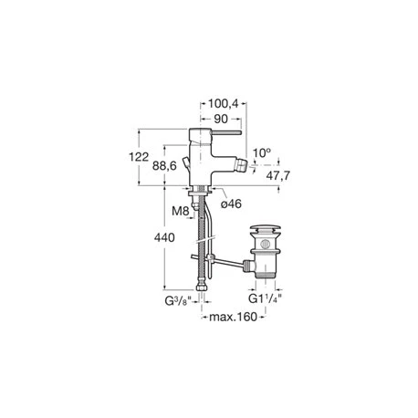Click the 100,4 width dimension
coord(223,104)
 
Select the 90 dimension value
coord(221,119)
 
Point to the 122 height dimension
coord(139,157)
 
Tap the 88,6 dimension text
coord(164,166)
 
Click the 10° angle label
coord(262,152)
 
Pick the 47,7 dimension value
coord(278,175)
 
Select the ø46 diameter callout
coord(231,204)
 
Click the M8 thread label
coord(181,211)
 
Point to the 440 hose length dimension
coord(164,237)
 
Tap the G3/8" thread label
coord(178,301)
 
